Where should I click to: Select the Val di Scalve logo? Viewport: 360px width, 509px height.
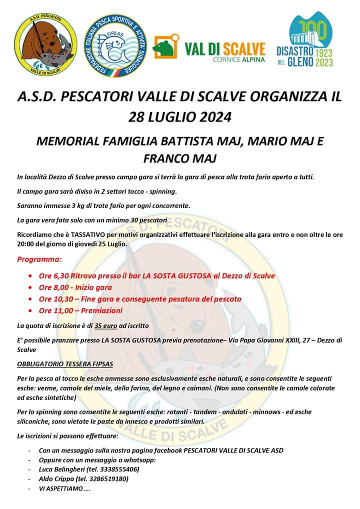209,48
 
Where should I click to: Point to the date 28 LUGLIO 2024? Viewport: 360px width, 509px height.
180,117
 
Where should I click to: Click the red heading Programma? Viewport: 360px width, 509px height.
39,259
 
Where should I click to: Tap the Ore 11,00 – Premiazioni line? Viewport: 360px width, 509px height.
80,310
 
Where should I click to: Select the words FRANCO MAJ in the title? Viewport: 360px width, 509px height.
180,159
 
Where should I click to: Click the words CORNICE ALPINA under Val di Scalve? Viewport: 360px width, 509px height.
238,59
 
